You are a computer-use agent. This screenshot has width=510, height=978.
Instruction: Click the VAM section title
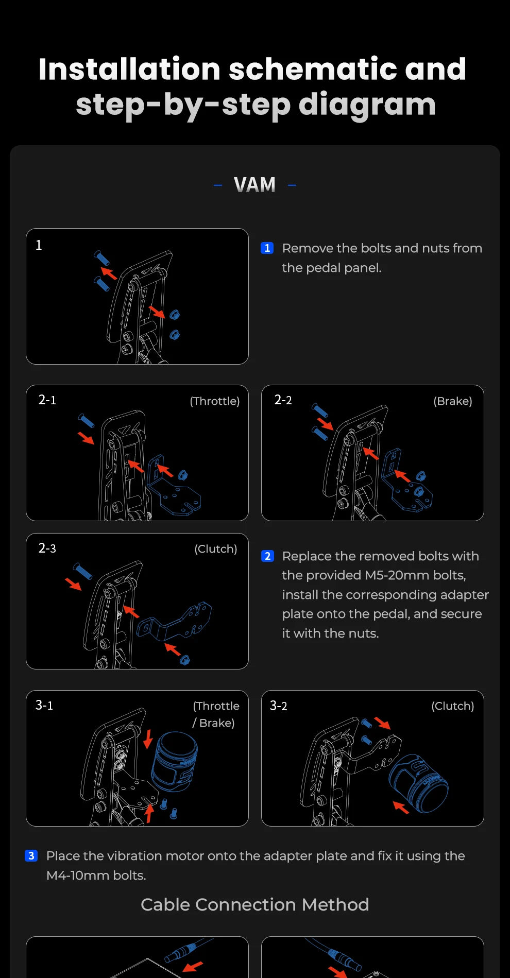(254, 185)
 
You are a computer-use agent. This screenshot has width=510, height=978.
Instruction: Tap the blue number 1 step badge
(267, 248)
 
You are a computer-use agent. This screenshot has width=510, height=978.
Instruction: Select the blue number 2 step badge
(267, 556)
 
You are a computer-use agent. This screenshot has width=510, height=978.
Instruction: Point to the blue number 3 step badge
(31, 856)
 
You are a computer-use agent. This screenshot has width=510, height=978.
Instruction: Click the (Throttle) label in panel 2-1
(215, 401)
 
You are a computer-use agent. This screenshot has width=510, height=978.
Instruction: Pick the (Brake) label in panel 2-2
(453, 401)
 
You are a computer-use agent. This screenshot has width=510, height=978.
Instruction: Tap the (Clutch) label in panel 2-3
(216, 549)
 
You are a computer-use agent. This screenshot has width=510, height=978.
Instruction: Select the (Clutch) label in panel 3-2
(453, 706)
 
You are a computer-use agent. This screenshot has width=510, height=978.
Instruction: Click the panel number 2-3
(47, 548)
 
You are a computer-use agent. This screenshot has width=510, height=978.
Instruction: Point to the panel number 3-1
(44, 705)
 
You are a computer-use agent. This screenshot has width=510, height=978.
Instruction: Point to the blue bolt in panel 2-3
(82, 571)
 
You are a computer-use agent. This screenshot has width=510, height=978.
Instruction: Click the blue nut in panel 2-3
(184, 659)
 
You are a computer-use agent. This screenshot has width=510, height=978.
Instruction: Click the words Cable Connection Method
(255, 905)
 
